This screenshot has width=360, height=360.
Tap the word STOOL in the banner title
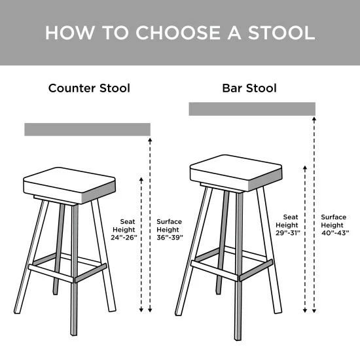[278, 33]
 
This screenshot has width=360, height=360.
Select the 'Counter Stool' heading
[89, 88]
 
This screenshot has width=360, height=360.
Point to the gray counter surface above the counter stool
[87, 129]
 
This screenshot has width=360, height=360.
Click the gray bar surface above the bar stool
[252, 109]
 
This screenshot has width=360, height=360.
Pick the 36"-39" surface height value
[170, 238]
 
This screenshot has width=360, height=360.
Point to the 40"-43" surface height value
[335, 232]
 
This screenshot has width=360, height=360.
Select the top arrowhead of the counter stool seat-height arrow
[141, 178]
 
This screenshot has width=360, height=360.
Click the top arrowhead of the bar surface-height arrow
[315, 120]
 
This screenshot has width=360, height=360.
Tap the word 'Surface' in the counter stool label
[170, 221]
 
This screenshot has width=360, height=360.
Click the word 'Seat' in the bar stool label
[291, 216]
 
